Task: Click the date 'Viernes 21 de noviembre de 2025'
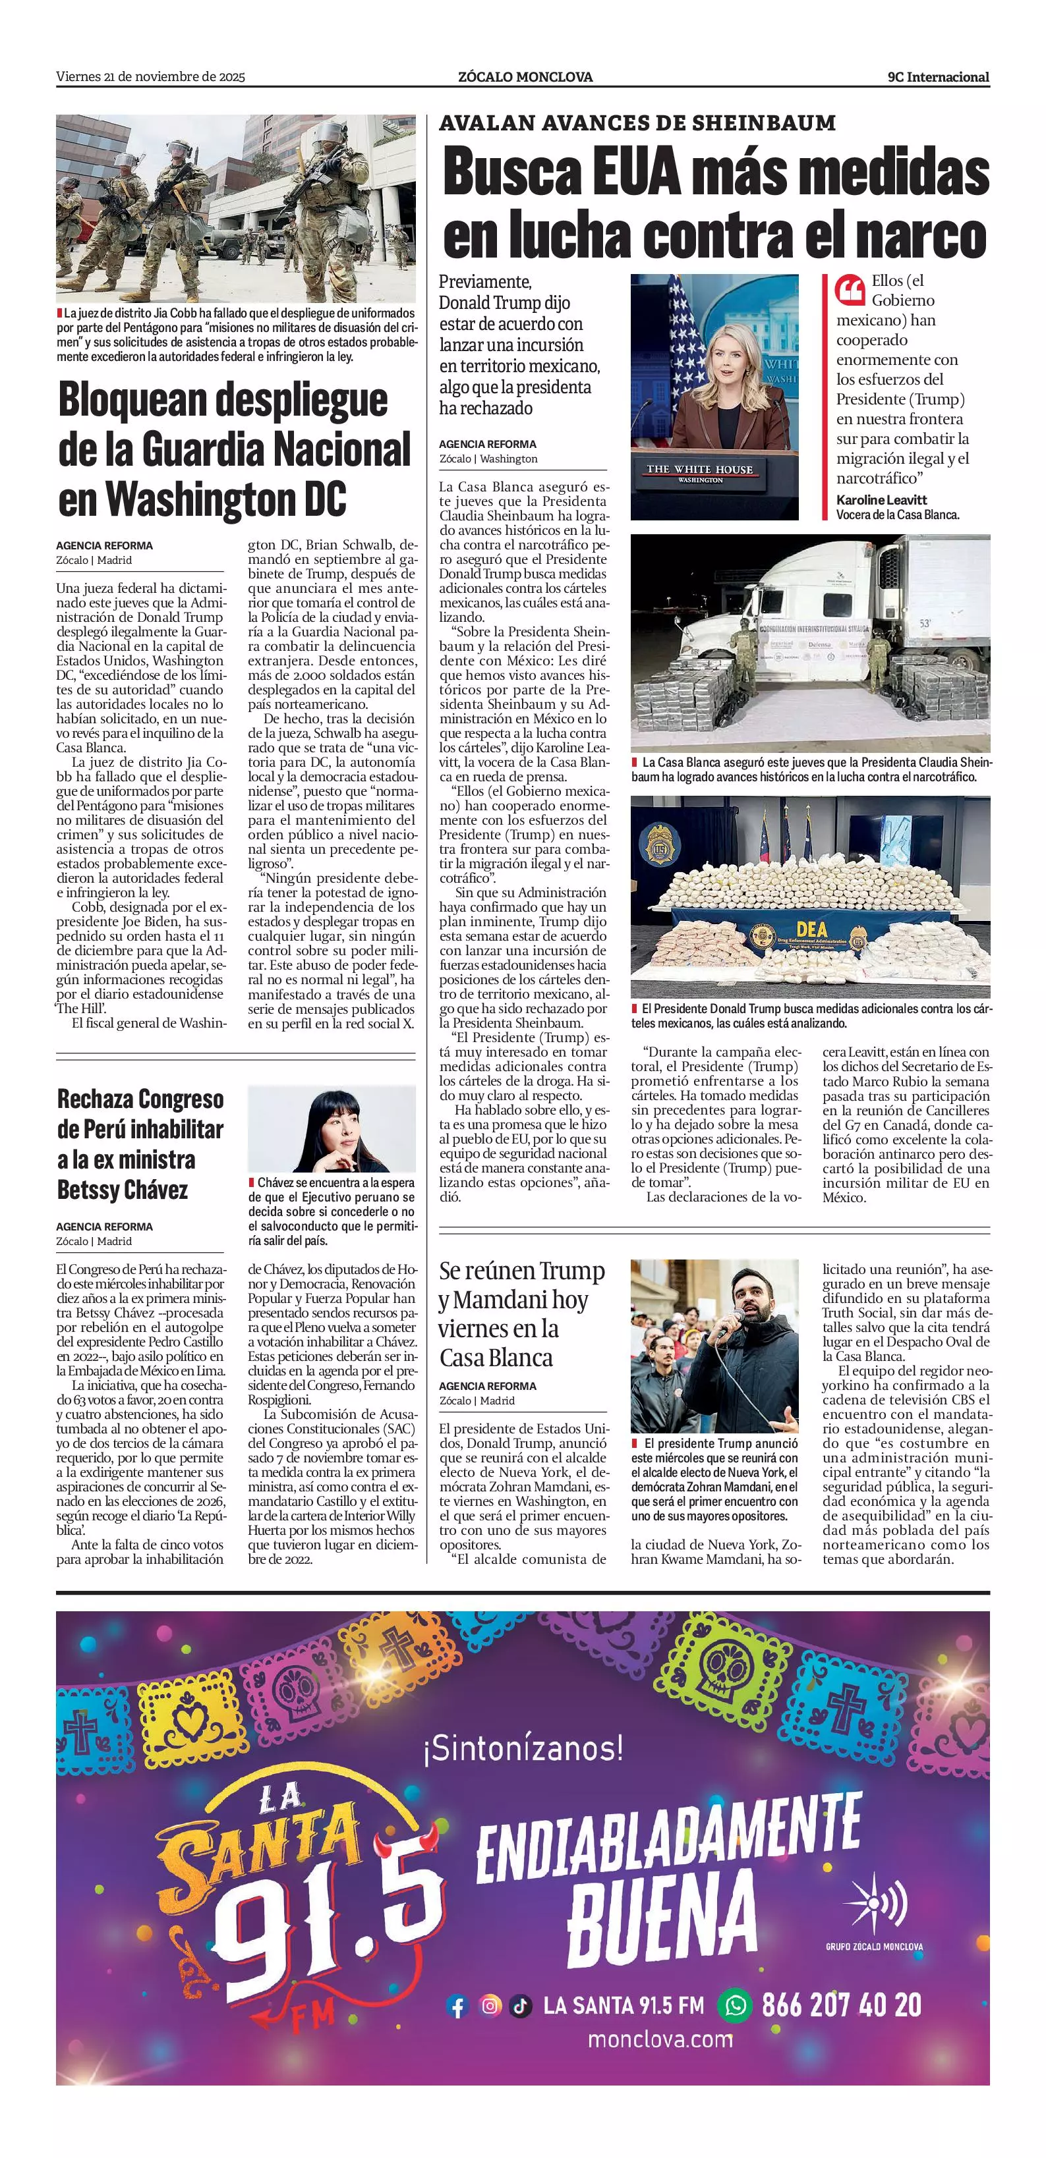pos(150,77)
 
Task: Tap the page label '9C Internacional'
pos(938,77)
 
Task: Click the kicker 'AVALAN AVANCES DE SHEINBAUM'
pos(637,123)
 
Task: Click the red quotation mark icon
pos(850,290)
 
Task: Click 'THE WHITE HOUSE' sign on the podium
pos(699,469)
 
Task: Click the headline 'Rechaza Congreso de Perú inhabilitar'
pos(140,1113)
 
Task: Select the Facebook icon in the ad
pos(457,2006)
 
